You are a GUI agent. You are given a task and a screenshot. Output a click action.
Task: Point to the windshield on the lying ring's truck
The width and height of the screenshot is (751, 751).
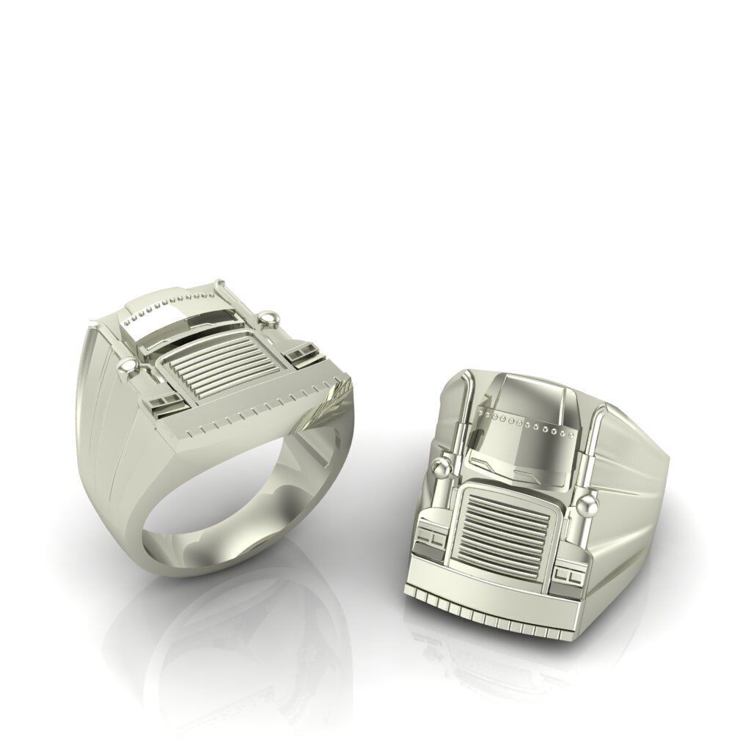pos(522,455)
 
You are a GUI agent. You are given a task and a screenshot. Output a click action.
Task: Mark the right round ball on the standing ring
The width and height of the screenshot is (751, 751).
pos(272,318)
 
